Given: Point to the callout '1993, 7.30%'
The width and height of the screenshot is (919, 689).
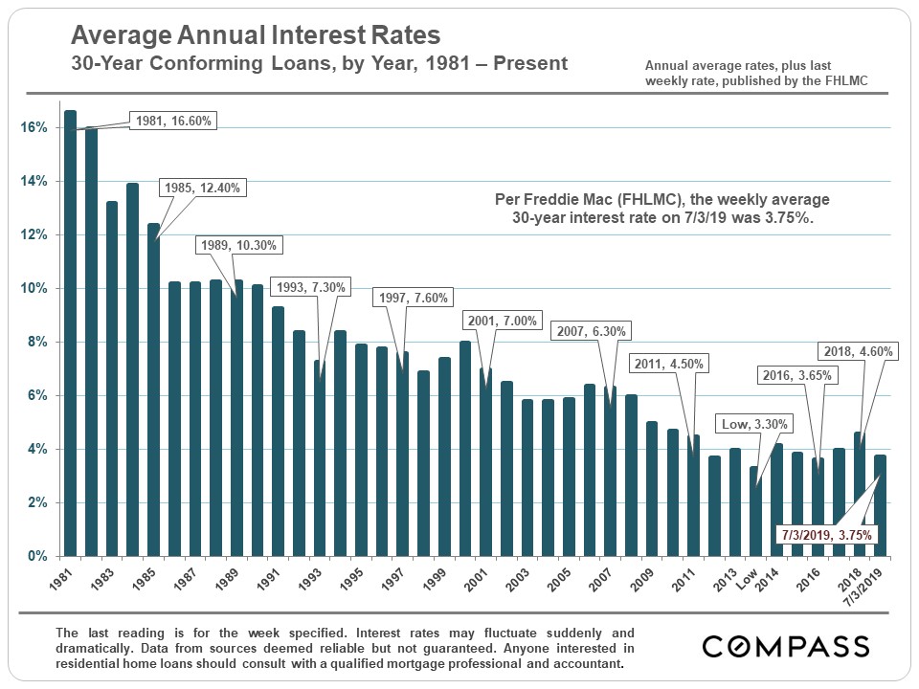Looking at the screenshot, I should (x=310, y=287).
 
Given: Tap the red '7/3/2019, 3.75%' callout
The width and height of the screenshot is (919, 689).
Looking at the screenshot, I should (x=826, y=535).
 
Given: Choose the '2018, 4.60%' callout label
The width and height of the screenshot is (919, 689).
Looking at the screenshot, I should (x=857, y=351).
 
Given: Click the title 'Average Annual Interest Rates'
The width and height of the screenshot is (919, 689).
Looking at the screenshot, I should (x=257, y=36).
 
